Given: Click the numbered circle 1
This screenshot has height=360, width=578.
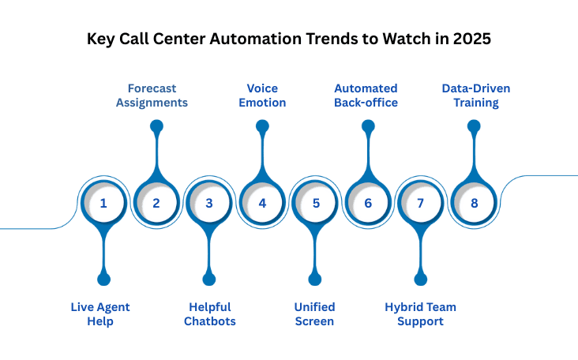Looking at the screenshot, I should pos(103,203).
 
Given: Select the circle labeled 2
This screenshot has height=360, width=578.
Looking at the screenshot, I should pos(156,203).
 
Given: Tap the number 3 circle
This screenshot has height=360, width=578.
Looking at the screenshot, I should pos(209,203).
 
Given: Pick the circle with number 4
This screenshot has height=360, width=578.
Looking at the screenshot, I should pos(262,203).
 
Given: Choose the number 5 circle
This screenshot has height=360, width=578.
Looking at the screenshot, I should pos(315,203).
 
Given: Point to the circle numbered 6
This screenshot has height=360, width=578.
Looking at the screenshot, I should pos(368,203).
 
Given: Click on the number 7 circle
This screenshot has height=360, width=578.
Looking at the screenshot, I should pos(421,203).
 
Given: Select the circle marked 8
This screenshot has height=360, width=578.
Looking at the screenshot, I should pos(474,203).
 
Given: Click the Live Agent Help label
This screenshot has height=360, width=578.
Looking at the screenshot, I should pos(101,313).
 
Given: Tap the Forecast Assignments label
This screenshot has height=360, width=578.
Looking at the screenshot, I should pos(156,95).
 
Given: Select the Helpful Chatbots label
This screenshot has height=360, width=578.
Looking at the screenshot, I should pos(210,313).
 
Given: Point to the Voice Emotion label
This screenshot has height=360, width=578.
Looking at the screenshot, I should pos(262,95).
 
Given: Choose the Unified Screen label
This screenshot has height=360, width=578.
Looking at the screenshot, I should pos(315,313).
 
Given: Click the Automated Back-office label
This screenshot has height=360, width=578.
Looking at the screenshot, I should pos(366,95).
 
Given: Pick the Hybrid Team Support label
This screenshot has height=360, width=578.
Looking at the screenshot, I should pos(420,313).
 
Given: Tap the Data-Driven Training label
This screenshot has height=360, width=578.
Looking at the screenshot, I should pos(474,95).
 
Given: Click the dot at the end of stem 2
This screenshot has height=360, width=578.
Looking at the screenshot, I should pos(156,126).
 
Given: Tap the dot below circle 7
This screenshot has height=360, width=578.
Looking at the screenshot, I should pos(421,279).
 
